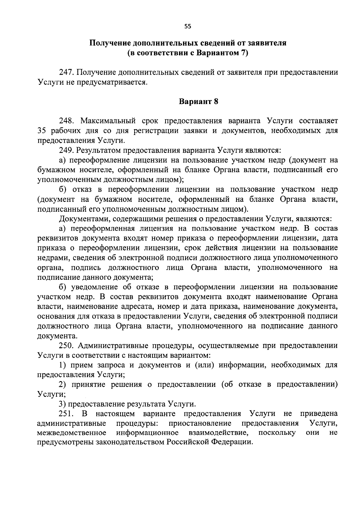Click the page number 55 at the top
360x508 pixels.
pyautogui.click(x=187, y=26)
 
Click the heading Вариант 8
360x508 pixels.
pyautogui.click(x=198, y=102)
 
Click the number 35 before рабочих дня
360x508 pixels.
pyautogui.click(x=42, y=131)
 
